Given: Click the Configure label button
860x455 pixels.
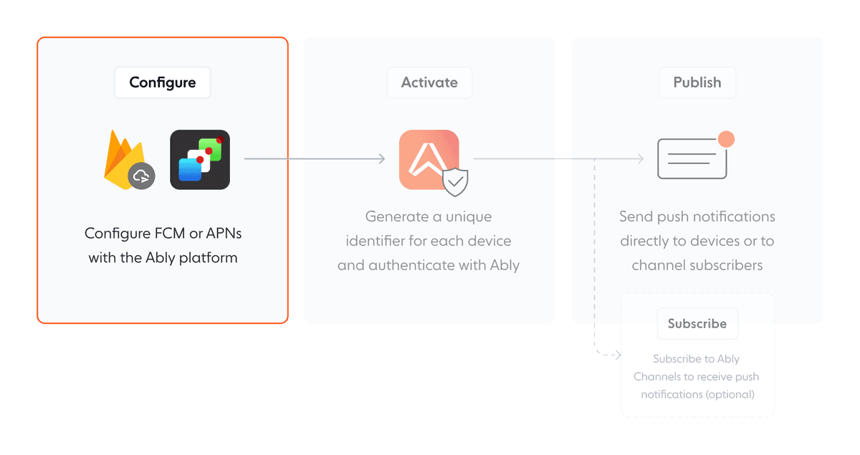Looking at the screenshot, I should pos(163,82).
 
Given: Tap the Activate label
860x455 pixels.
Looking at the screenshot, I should pos(429,82).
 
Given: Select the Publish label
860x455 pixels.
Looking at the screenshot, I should pos(697,82).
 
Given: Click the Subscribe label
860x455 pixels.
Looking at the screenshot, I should pos(697,324).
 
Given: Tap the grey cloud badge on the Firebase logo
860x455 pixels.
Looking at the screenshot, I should pos(141,176).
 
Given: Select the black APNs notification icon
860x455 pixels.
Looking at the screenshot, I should pos(200,160).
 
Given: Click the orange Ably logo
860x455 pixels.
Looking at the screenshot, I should pos(428,159).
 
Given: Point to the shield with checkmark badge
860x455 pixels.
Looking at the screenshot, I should pos(456,183).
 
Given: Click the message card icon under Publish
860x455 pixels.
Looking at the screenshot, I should pos(692,159).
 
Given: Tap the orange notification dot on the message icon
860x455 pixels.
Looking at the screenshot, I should pos(726,139).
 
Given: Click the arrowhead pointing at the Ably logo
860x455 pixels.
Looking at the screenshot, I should pos(383,159).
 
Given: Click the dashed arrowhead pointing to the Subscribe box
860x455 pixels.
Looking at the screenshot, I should pos(617,355).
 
